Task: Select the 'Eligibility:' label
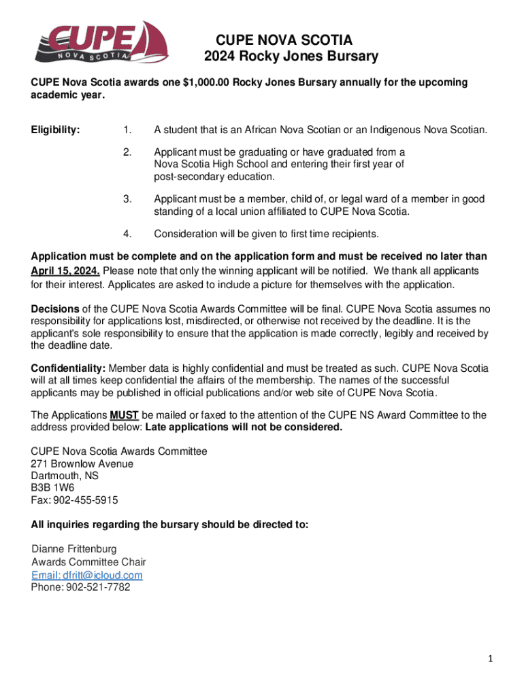[55, 130]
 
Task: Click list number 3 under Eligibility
[127, 199]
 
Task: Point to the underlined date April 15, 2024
[66, 270]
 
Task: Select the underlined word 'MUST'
[124, 415]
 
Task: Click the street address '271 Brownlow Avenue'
[82, 464]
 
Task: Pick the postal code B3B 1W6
[52, 488]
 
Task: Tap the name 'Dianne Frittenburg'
[74, 549]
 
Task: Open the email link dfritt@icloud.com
[87, 575]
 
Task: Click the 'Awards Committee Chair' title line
[88, 562]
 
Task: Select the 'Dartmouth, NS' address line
[65, 476]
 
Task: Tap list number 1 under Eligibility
[127, 130]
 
